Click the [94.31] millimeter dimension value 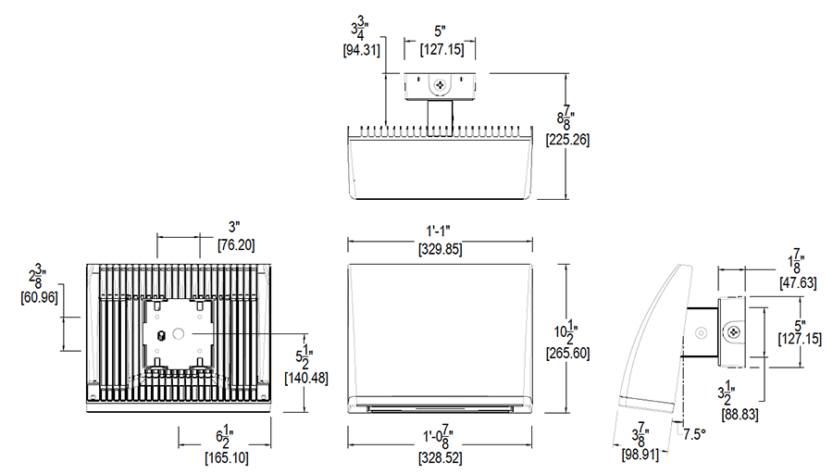[x=362, y=51]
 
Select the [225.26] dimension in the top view [x=569, y=141]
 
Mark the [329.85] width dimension [x=440, y=250]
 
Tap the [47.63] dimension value [x=798, y=283]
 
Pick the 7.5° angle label [x=697, y=431]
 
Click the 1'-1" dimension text [x=440, y=231]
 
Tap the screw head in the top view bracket [x=439, y=86]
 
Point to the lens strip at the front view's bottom [x=440, y=407]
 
